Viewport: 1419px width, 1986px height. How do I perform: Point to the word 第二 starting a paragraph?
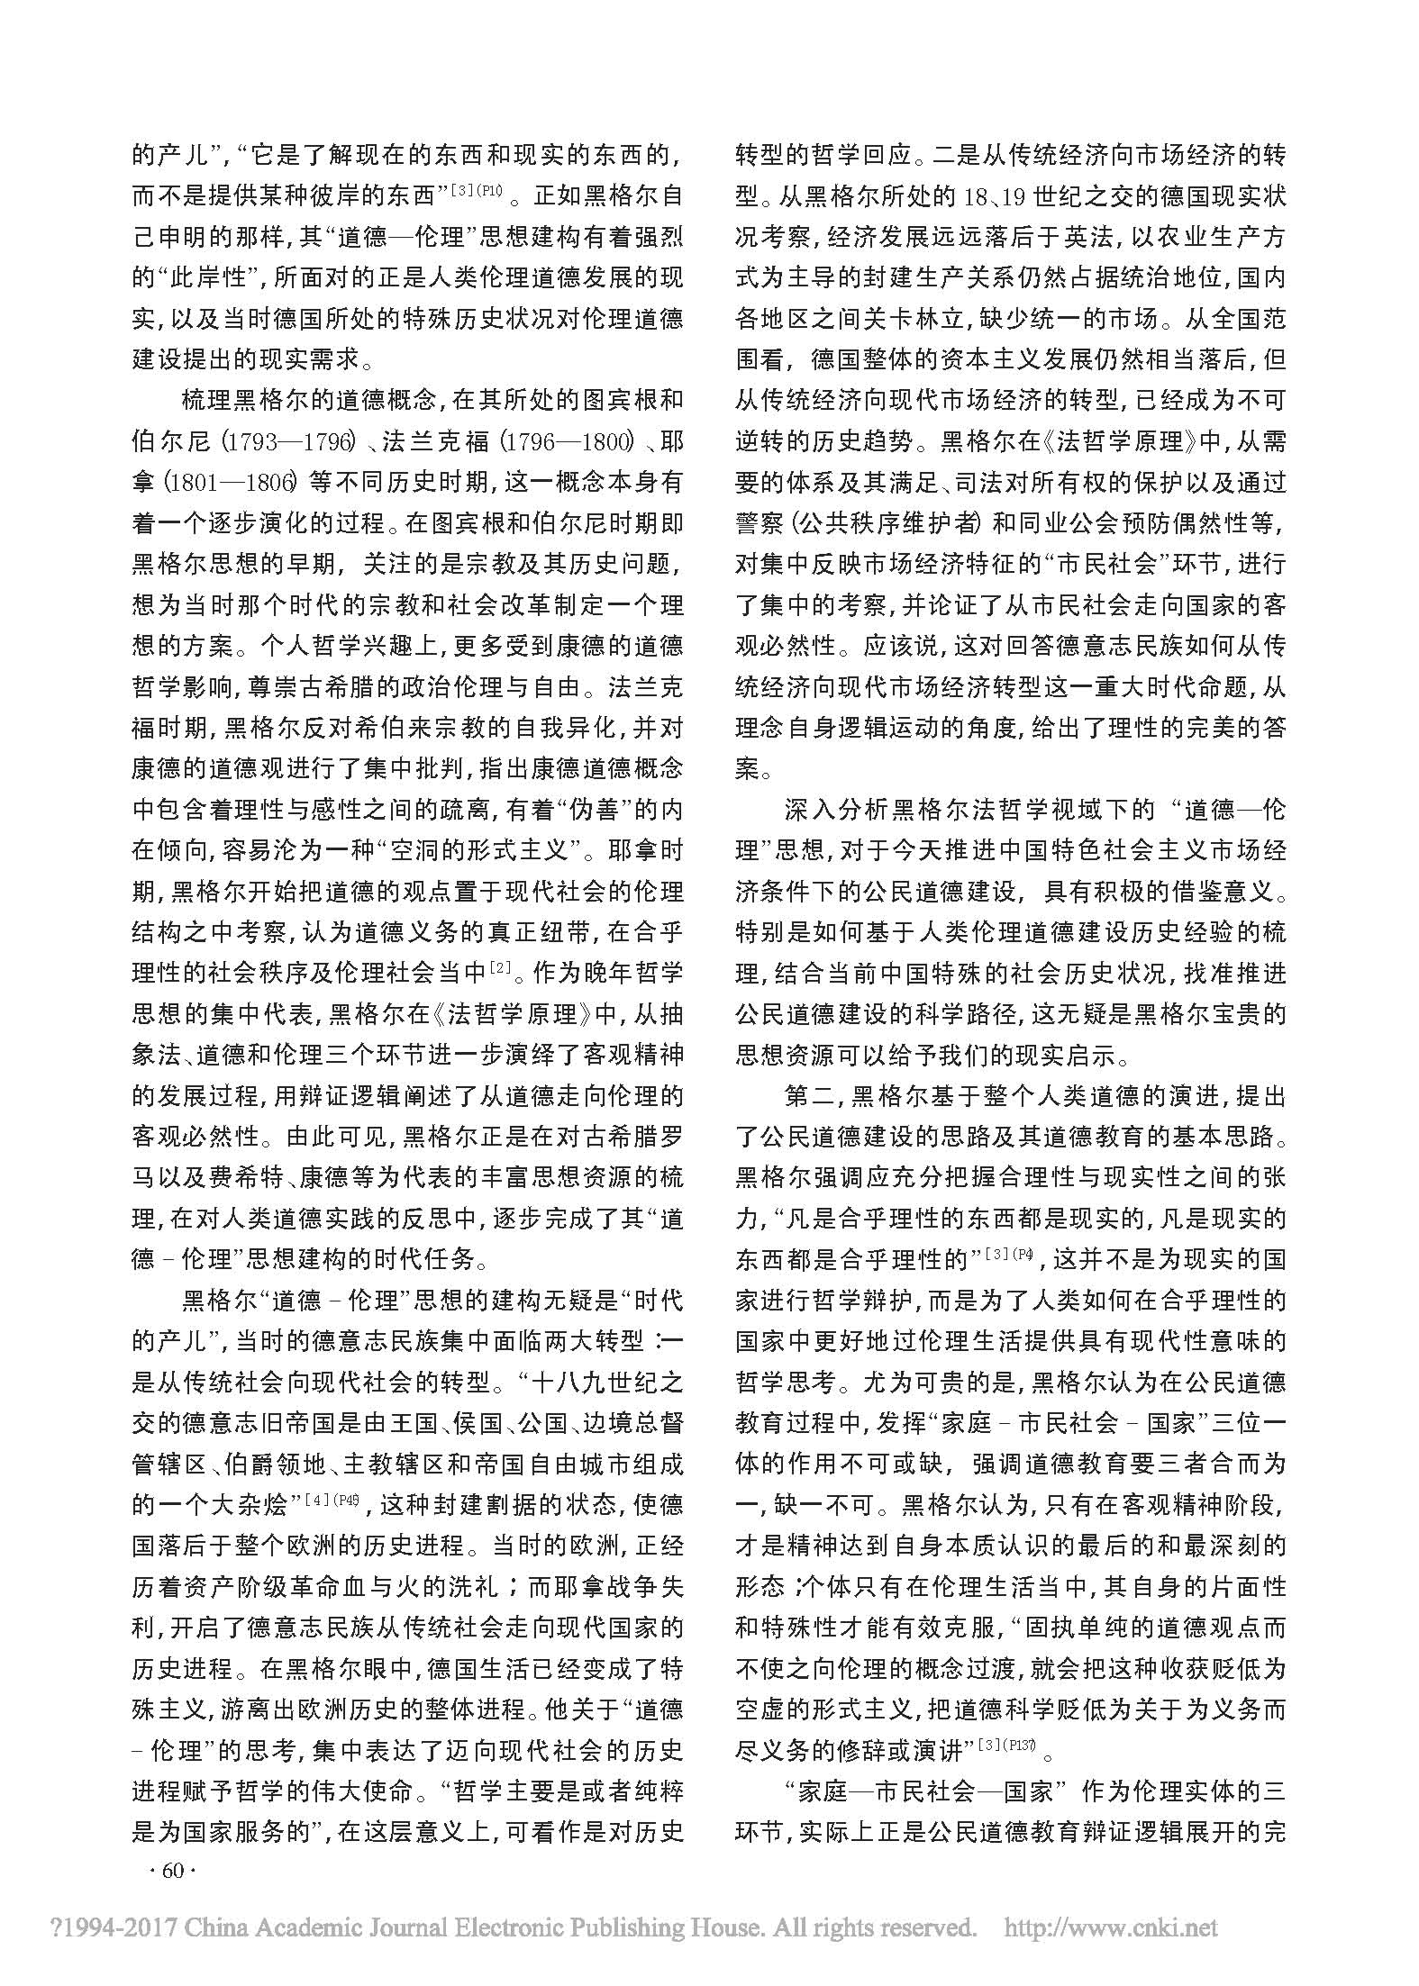pos(811,1096)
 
